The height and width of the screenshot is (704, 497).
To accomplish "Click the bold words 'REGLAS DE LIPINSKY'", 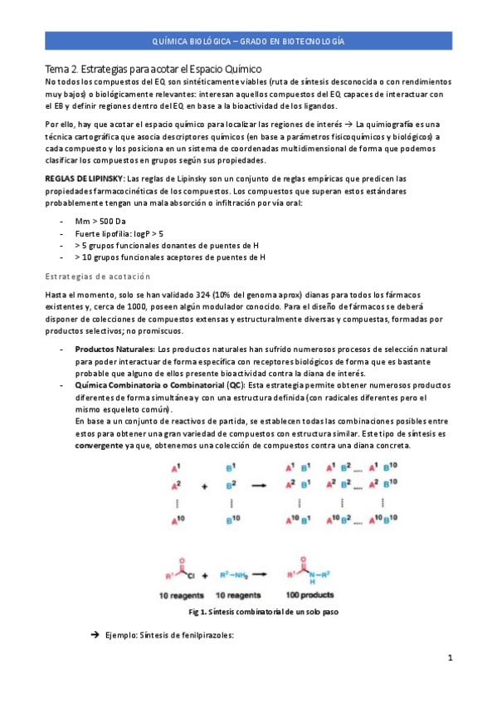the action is coord(84,178).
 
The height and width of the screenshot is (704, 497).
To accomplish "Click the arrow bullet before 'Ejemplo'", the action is coord(94,635).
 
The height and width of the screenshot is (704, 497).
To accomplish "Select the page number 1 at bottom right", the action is coord(449,658).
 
